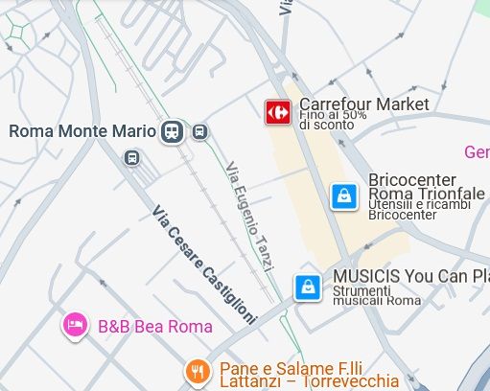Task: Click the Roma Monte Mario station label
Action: (x=83, y=131)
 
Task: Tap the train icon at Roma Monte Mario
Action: (x=173, y=131)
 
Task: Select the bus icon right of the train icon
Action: (x=199, y=131)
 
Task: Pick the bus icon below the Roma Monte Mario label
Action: (x=131, y=157)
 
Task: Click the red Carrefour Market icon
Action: (x=278, y=112)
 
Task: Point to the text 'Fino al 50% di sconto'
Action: (x=333, y=119)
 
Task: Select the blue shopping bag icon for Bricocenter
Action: (x=343, y=196)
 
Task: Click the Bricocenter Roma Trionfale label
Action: (x=427, y=187)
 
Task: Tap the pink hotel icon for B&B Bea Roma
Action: (x=74, y=325)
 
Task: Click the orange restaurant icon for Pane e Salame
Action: (x=197, y=372)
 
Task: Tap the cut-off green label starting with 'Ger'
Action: (x=477, y=152)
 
